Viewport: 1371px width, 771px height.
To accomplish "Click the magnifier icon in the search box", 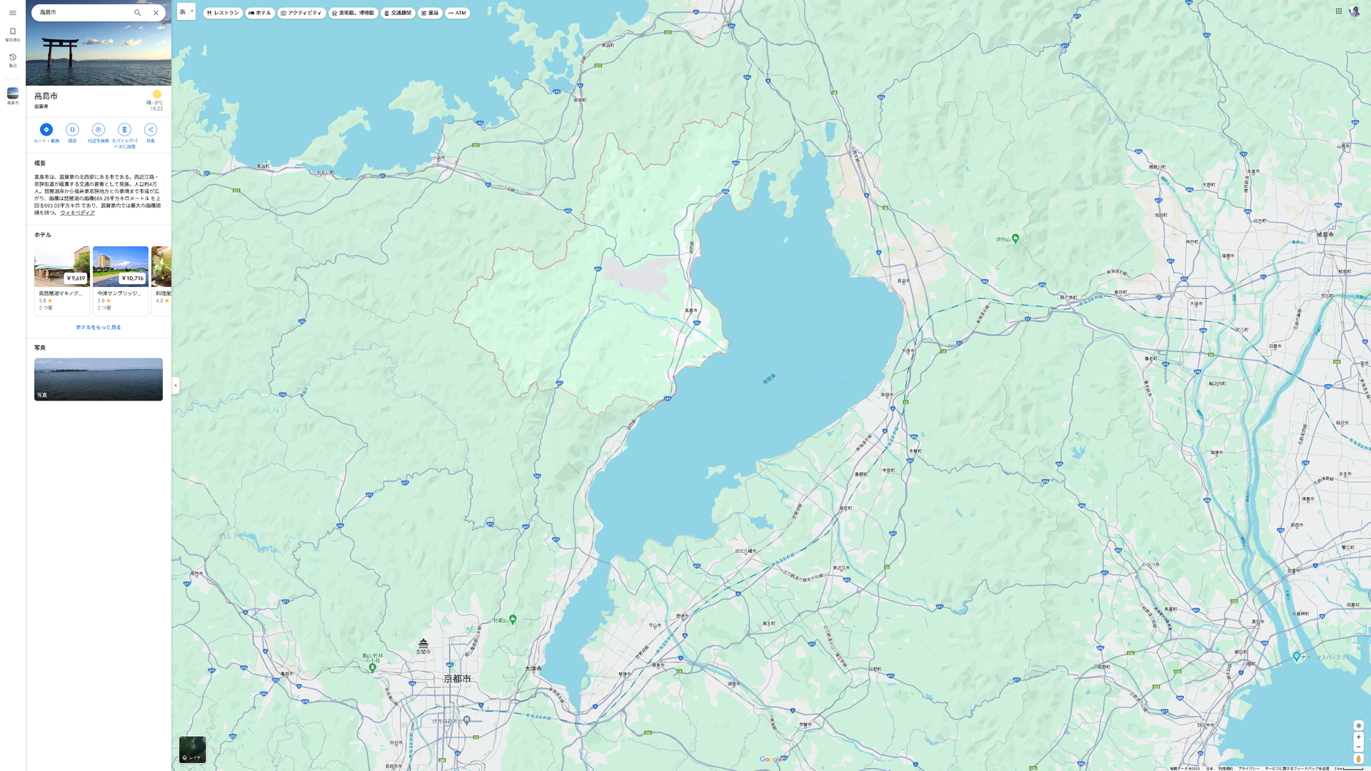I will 138,13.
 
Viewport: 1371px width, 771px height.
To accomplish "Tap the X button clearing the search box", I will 156,13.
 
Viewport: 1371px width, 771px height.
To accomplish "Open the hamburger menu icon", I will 13,13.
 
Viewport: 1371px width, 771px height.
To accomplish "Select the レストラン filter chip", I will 223,13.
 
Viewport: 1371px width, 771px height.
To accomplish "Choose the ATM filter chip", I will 457,13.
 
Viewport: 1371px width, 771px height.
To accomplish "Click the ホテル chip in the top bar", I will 260,13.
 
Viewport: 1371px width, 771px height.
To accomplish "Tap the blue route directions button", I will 46,129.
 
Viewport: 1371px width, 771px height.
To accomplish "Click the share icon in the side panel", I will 151,129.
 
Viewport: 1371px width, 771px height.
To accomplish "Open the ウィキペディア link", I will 77,213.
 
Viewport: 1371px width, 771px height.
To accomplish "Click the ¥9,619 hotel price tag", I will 76,278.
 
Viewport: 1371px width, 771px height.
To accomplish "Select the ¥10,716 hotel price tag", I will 133,278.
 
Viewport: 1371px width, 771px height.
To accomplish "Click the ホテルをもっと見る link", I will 99,327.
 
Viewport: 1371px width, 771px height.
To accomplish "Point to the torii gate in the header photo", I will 61,51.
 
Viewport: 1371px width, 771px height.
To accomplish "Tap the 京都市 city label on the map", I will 457,678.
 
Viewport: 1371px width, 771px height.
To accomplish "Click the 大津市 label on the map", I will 533,668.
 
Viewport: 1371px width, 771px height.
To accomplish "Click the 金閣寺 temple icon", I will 423,644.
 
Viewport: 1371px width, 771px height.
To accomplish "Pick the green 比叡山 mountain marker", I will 513,619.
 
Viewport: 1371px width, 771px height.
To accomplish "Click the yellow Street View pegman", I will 1358,759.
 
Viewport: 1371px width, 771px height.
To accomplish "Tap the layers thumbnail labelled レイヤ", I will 192,749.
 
